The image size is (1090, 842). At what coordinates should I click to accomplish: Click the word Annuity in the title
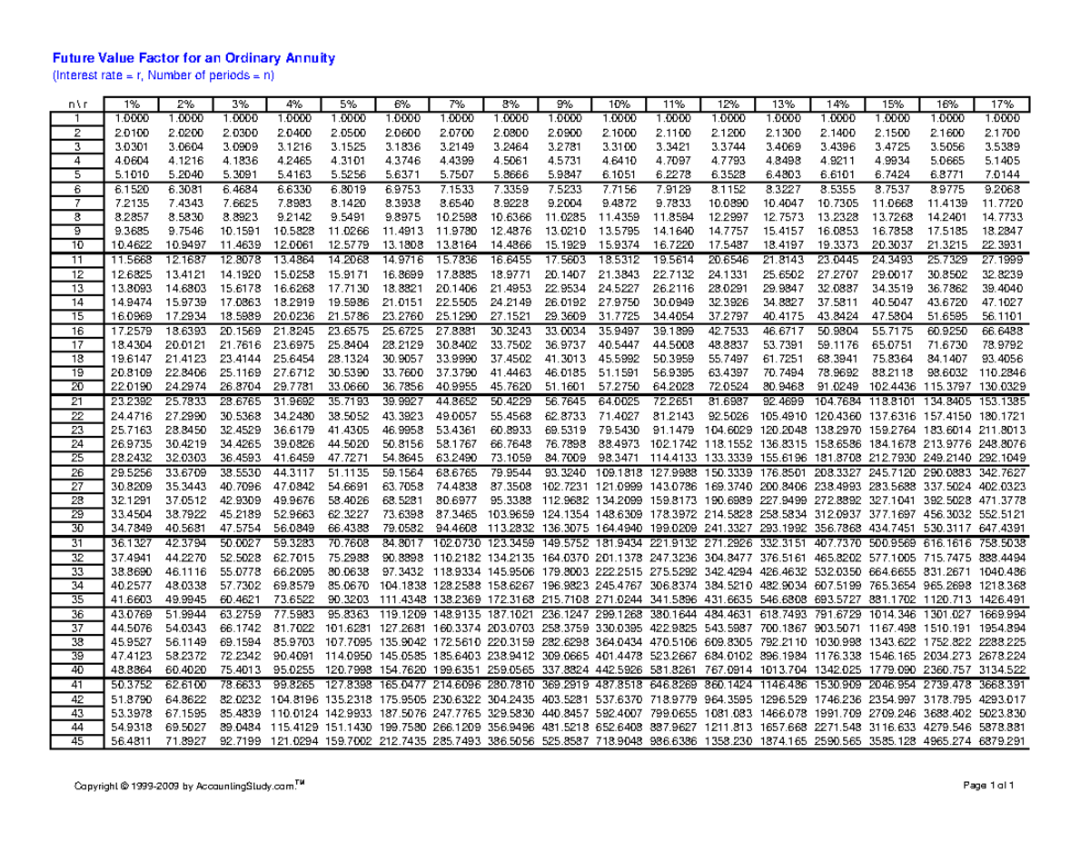click(x=305, y=59)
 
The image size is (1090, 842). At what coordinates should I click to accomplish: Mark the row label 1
click(x=78, y=118)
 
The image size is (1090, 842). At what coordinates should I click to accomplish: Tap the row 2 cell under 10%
click(x=622, y=133)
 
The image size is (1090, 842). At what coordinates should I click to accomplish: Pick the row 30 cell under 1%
click(x=133, y=529)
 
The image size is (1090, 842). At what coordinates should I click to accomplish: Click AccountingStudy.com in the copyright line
click(x=239, y=786)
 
